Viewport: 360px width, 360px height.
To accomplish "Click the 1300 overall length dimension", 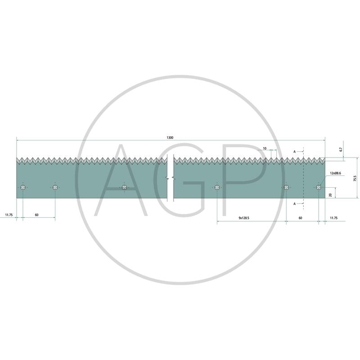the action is pos(170,138).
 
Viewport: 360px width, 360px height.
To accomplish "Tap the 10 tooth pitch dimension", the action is pos(265,148).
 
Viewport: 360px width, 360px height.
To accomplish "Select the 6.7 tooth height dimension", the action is pos(341,149).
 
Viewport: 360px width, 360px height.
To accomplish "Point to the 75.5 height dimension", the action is pos(355,178).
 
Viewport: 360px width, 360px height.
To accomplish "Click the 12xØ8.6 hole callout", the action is pos(335,173).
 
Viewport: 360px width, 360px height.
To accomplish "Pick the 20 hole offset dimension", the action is pos(330,195).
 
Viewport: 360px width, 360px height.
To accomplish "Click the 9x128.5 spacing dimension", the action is pos(244,218).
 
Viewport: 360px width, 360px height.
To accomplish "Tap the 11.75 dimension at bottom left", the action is pos(9,215).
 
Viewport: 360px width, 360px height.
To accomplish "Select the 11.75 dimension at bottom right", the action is pos(333,218).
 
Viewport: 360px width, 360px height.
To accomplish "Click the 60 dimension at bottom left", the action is pos(37,215).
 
